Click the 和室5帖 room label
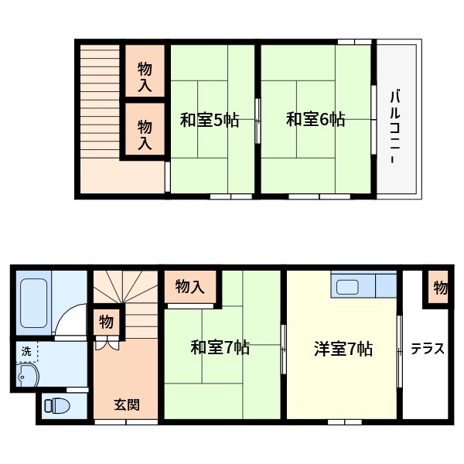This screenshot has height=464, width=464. pyautogui.click(x=210, y=121)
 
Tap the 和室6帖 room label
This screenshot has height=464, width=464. pyautogui.click(x=316, y=120)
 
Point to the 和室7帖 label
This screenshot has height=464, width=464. pyautogui.click(x=220, y=348)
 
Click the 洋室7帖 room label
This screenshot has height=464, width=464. pyautogui.click(x=343, y=349)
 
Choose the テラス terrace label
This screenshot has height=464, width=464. pyautogui.click(x=427, y=349)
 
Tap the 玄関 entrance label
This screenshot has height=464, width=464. pyautogui.click(x=127, y=404)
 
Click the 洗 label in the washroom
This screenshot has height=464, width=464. pyautogui.click(x=26, y=351)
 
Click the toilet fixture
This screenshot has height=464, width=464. pyautogui.click(x=56, y=406)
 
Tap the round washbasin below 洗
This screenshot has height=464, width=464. pyautogui.click(x=26, y=377)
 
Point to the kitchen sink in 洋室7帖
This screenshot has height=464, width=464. pyautogui.click(x=348, y=287)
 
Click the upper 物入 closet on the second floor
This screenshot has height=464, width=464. pyautogui.click(x=145, y=76)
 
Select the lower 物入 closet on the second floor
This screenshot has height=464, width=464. pyautogui.click(x=145, y=134)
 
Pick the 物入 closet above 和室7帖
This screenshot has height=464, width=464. pyautogui.click(x=190, y=287)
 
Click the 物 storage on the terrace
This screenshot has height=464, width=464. pyautogui.click(x=439, y=288)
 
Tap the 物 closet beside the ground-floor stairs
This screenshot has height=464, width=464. pyautogui.click(x=105, y=322)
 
